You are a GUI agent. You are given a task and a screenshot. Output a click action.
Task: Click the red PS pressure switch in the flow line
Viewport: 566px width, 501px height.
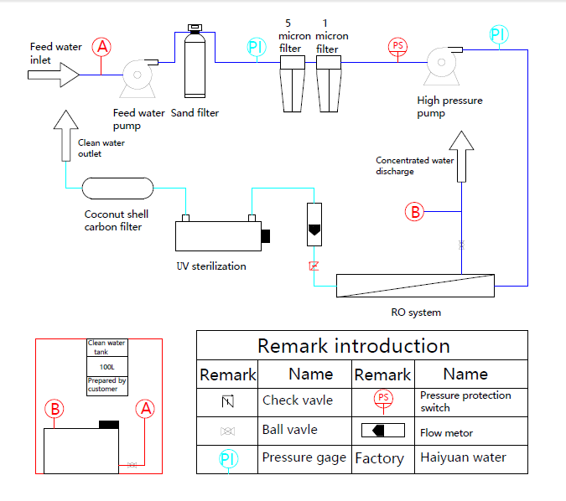[x=397, y=45]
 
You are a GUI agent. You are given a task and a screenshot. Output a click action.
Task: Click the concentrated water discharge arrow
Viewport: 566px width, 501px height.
[x=460, y=156]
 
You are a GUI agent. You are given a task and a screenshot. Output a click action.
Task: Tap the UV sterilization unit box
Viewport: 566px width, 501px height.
[x=219, y=235]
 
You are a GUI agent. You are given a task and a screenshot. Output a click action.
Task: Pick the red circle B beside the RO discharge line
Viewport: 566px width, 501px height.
[x=415, y=211]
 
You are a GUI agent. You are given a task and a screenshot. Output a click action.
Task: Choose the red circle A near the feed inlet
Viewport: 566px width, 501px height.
[x=102, y=47]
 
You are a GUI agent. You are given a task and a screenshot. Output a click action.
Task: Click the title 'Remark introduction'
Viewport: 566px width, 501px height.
[x=353, y=345]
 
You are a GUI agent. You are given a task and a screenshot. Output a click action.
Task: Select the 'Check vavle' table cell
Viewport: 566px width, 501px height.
[x=298, y=400]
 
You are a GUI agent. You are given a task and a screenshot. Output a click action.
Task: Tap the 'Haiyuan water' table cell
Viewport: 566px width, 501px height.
[x=463, y=457]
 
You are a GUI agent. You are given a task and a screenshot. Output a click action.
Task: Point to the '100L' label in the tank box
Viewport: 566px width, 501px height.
[x=107, y=367]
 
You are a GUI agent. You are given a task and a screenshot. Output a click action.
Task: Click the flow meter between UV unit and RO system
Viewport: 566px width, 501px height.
[x=314, y=225]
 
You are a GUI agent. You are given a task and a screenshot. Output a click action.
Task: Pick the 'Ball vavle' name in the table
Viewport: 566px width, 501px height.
[x=290, y=430]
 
